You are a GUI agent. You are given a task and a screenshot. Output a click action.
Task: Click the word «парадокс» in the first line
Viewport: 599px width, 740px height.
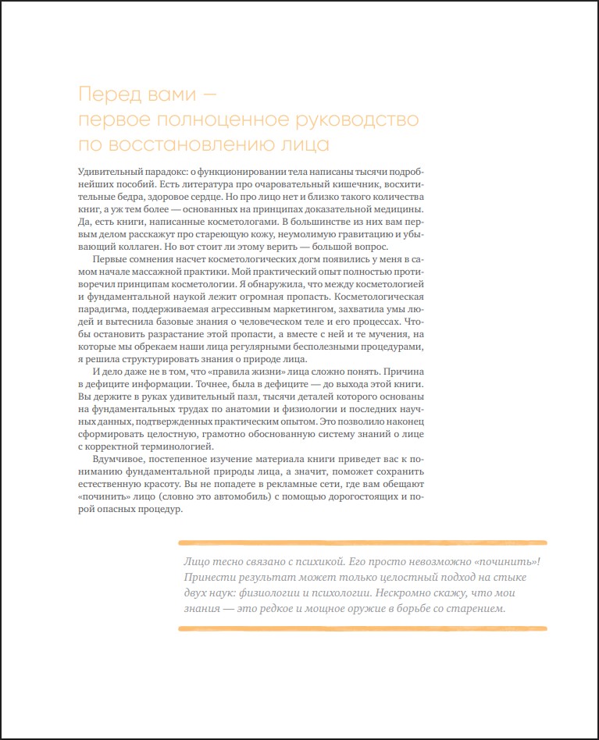click(x=162, y=172)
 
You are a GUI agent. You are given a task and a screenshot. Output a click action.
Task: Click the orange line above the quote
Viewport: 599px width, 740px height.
click(x=362, y=542)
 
